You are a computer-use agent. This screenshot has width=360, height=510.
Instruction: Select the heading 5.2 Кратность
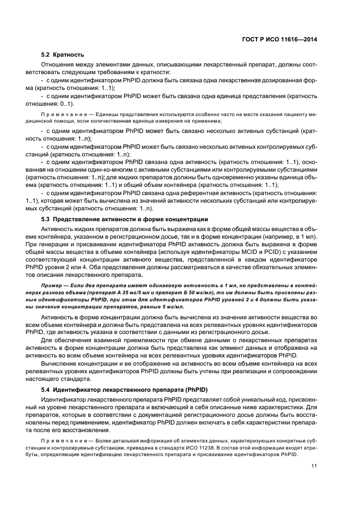[63, 55]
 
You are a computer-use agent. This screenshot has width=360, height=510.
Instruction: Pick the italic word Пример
[52, 286]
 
